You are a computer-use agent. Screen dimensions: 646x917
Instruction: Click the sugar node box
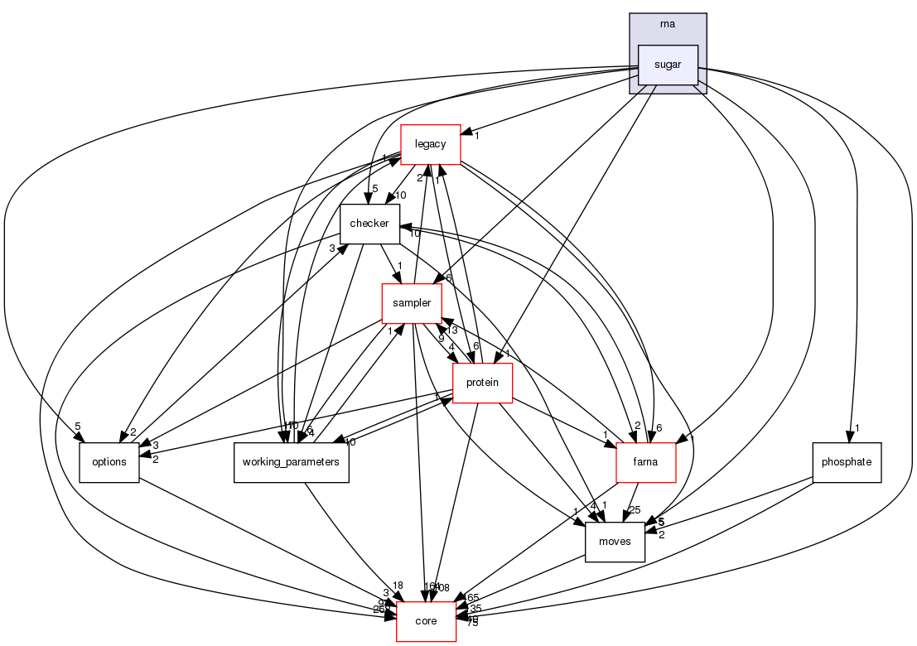coord(668,65)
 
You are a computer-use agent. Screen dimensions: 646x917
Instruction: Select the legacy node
coord(430,144)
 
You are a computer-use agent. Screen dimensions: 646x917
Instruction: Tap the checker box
coord(369,224)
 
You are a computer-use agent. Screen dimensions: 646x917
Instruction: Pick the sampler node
coord(411,303)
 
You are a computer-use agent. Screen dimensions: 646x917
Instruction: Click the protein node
coord(482,382)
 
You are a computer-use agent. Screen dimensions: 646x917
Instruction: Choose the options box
coord(109,461)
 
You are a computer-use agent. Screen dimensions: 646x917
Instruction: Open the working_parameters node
coord(291,461)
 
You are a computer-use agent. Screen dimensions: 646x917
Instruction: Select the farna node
coord(646,461)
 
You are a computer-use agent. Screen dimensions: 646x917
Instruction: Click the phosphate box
coord(847,461)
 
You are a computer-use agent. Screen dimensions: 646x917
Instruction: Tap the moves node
coord(615,542)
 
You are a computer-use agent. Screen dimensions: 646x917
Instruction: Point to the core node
coord(426,621)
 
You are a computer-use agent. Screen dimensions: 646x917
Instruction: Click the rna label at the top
coord(668,24)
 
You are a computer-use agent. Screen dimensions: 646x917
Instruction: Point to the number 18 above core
coord(398,586)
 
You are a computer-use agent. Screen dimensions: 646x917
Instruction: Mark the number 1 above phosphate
coord(858,428)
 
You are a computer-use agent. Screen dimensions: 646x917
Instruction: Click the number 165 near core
coord(473,597)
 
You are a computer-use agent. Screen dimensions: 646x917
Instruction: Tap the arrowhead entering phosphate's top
coord(847,436)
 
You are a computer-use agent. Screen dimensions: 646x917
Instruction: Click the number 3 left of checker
coord(331,248)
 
